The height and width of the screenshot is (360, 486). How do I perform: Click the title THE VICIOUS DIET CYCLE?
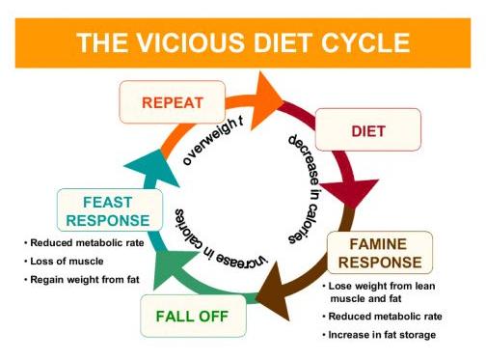[x=243, y=42]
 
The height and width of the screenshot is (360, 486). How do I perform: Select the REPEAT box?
[x=173, y=101]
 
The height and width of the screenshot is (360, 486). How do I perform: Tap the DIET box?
[x=367, y=129]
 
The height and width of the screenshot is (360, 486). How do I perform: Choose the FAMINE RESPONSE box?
[x=378, y=253]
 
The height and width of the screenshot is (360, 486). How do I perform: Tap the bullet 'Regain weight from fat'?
[x=81, y=279]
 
